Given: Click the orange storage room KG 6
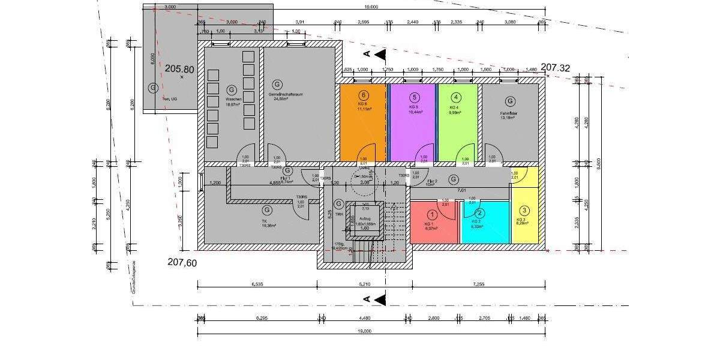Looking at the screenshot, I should click(x=363, y=123).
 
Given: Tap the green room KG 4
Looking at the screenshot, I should click(x=457, y=123).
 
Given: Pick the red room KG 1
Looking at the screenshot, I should click(x=432, y=225).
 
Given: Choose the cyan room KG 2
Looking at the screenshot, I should click(x=485, y=225).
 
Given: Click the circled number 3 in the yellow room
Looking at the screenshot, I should click(x=524, y=211).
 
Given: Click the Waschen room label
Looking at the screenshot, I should click(x=234, y=99).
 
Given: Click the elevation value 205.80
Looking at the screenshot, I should click(x=179, y=69).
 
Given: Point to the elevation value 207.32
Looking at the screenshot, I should click(x=555, y=68).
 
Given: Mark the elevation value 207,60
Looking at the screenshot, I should click(x=182, y=262).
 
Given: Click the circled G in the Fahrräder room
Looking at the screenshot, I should click(x=510, y=101).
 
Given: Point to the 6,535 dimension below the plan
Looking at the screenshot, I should click(x=258, y=283).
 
